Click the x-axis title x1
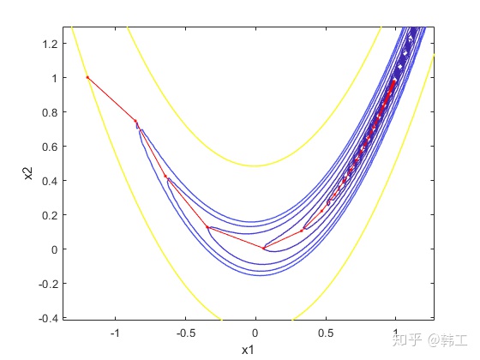click(248, 349)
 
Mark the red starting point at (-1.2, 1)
click(87, 77)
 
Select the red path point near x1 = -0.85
click(135, 121)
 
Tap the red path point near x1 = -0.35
click(207, 227)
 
